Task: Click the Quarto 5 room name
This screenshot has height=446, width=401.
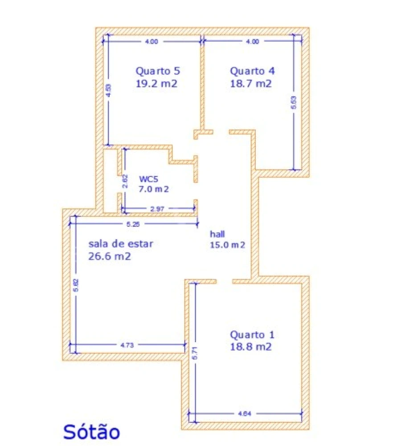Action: coord(158,71)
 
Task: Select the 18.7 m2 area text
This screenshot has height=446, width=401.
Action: coord(250,83)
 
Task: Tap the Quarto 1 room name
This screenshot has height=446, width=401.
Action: coord(252,335)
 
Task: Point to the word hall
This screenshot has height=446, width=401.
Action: coord(218,234)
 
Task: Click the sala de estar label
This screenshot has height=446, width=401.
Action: coord(121,244)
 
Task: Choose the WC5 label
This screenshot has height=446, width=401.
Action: coord(148,179)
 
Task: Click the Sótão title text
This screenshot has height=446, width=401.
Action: coord(91,431)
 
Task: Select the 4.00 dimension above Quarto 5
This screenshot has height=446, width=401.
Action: coord(151,42)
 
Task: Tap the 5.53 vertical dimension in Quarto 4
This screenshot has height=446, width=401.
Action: coord(293,103)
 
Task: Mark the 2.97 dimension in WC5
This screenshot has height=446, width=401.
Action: coord(158,209)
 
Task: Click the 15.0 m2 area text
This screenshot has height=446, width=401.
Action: coord(227,244)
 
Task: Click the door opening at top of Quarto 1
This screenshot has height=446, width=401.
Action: coord(224,281)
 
